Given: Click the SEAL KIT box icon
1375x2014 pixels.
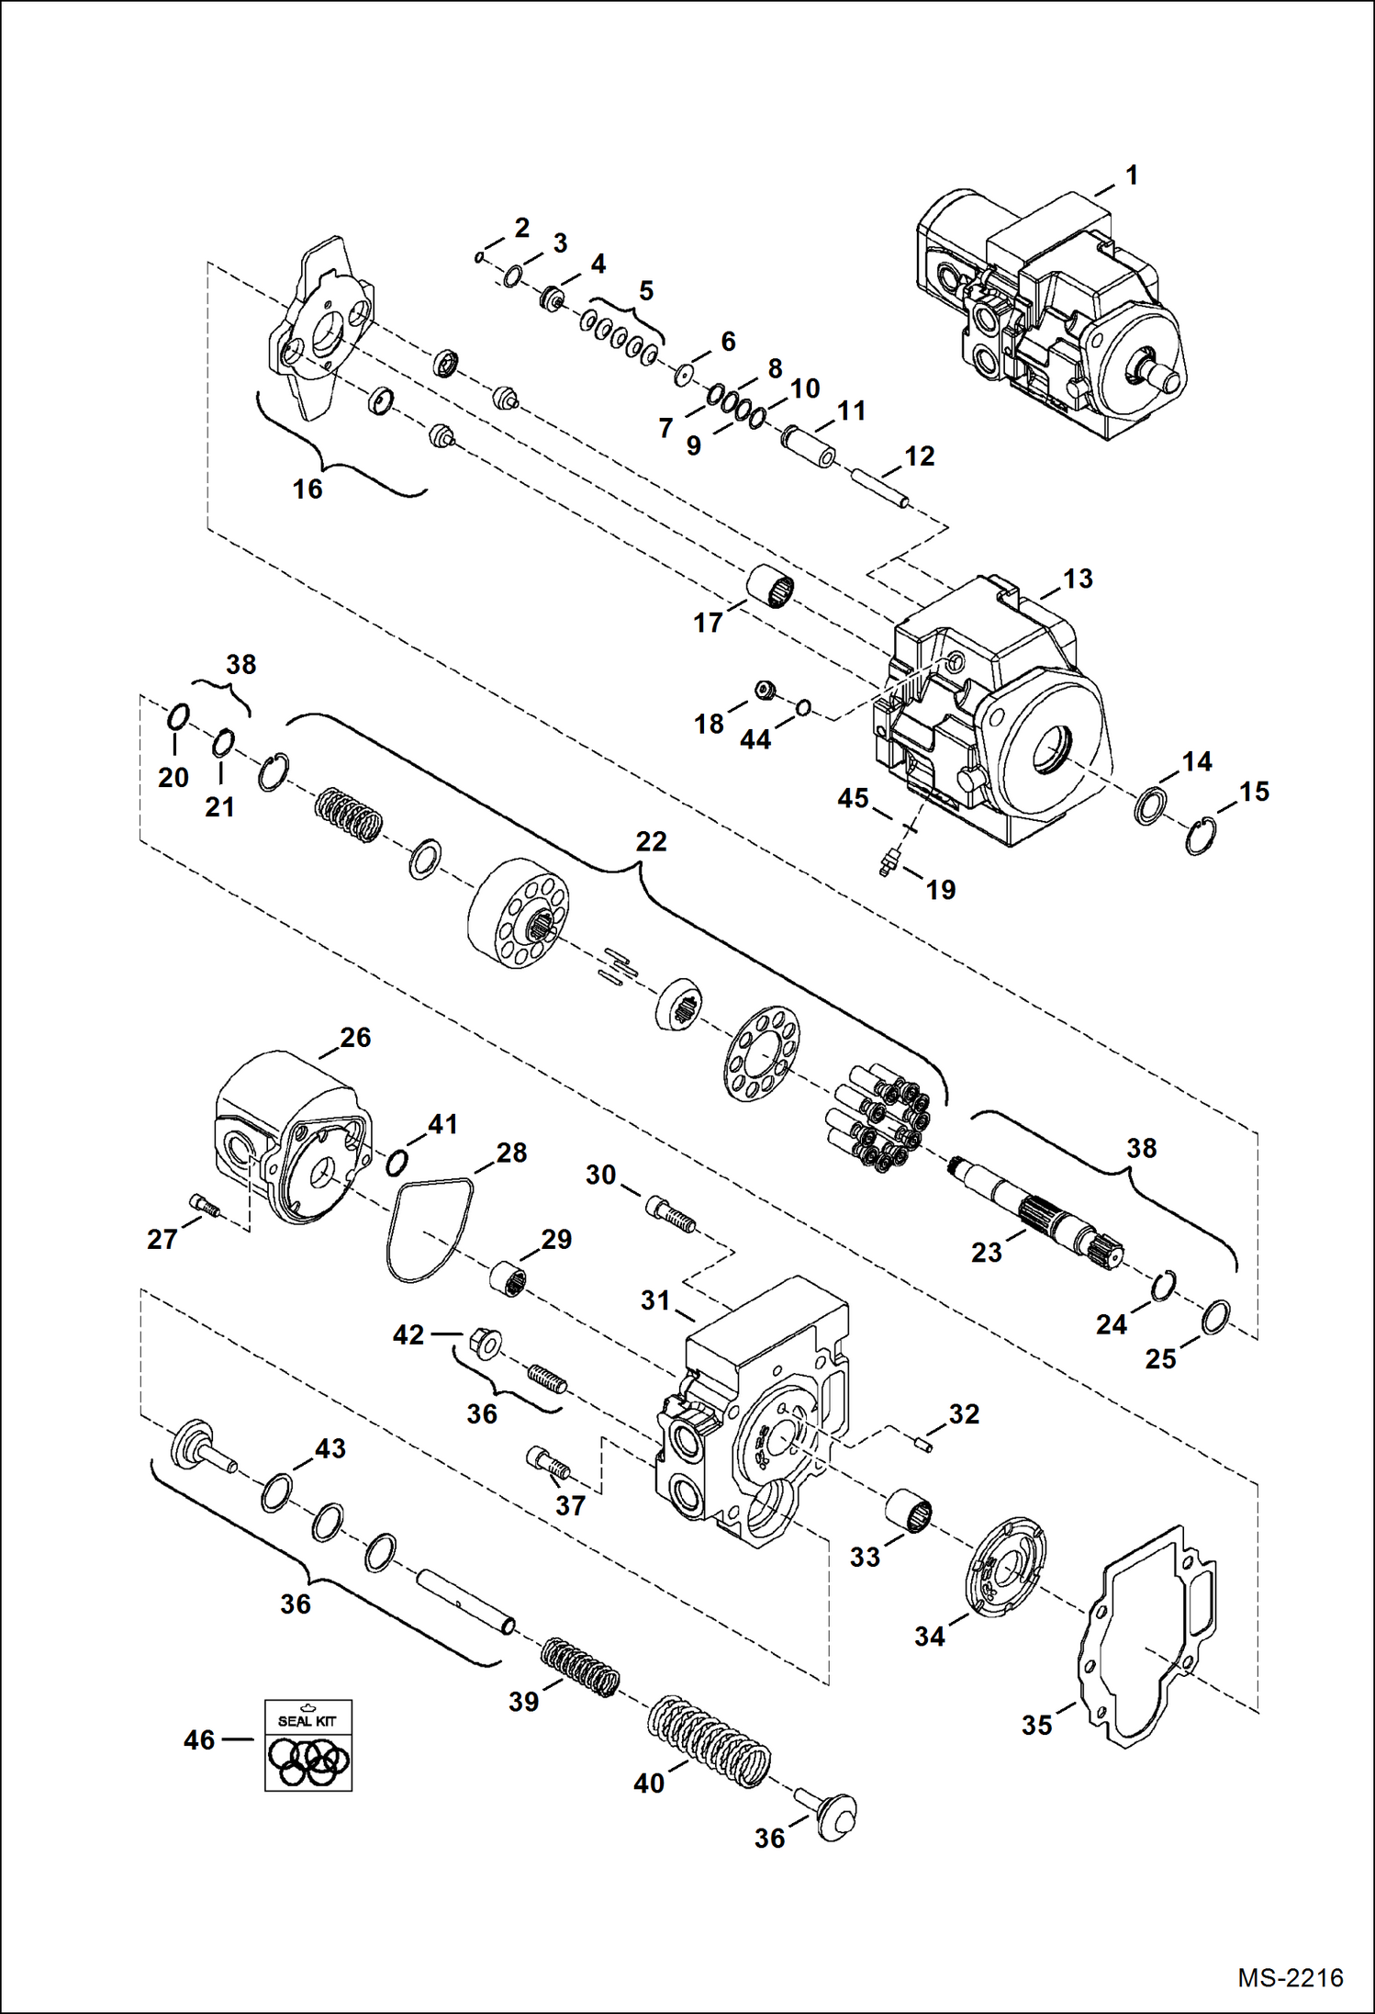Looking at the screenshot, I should click(307, 1744).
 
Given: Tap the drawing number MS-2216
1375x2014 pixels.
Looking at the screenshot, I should click(1290, 1977).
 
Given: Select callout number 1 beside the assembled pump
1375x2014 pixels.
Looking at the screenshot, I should click(1132, 174).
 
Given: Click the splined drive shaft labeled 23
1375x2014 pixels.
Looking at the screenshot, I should click(1037, 1210).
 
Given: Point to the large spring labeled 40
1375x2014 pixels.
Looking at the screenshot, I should click(708, 1740).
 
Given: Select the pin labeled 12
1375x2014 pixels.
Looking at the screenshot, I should click(880, 488).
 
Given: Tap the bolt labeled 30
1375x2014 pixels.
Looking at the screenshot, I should click(671, 1211).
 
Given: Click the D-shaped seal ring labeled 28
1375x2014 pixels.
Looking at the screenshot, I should click(429, 1231).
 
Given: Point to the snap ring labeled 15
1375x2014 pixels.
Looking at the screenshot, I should click(1199, 836).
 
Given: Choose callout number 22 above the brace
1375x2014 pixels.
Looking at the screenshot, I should click(651, 841).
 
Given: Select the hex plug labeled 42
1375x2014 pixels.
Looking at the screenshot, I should click(485, 1343).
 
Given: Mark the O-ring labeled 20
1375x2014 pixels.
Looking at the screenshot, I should click(179, 716).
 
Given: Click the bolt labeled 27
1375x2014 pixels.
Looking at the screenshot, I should click(204, 1205).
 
